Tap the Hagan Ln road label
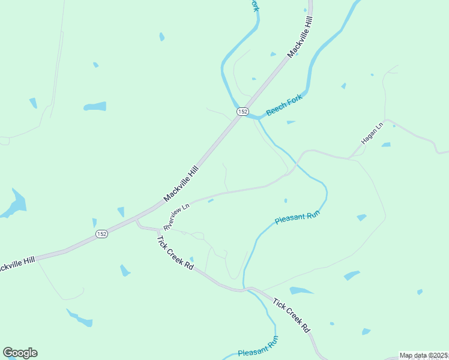372,133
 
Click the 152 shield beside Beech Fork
243,112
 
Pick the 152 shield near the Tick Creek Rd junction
101,234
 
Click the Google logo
20,353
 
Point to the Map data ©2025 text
423,355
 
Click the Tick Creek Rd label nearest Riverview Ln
175,252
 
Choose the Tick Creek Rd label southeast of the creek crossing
291,315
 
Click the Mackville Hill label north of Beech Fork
301,37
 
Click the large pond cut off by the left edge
13,204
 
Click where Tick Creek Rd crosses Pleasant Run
244,290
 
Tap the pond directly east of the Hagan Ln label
386,145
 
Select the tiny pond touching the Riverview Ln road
210,201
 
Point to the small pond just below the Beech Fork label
291,122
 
